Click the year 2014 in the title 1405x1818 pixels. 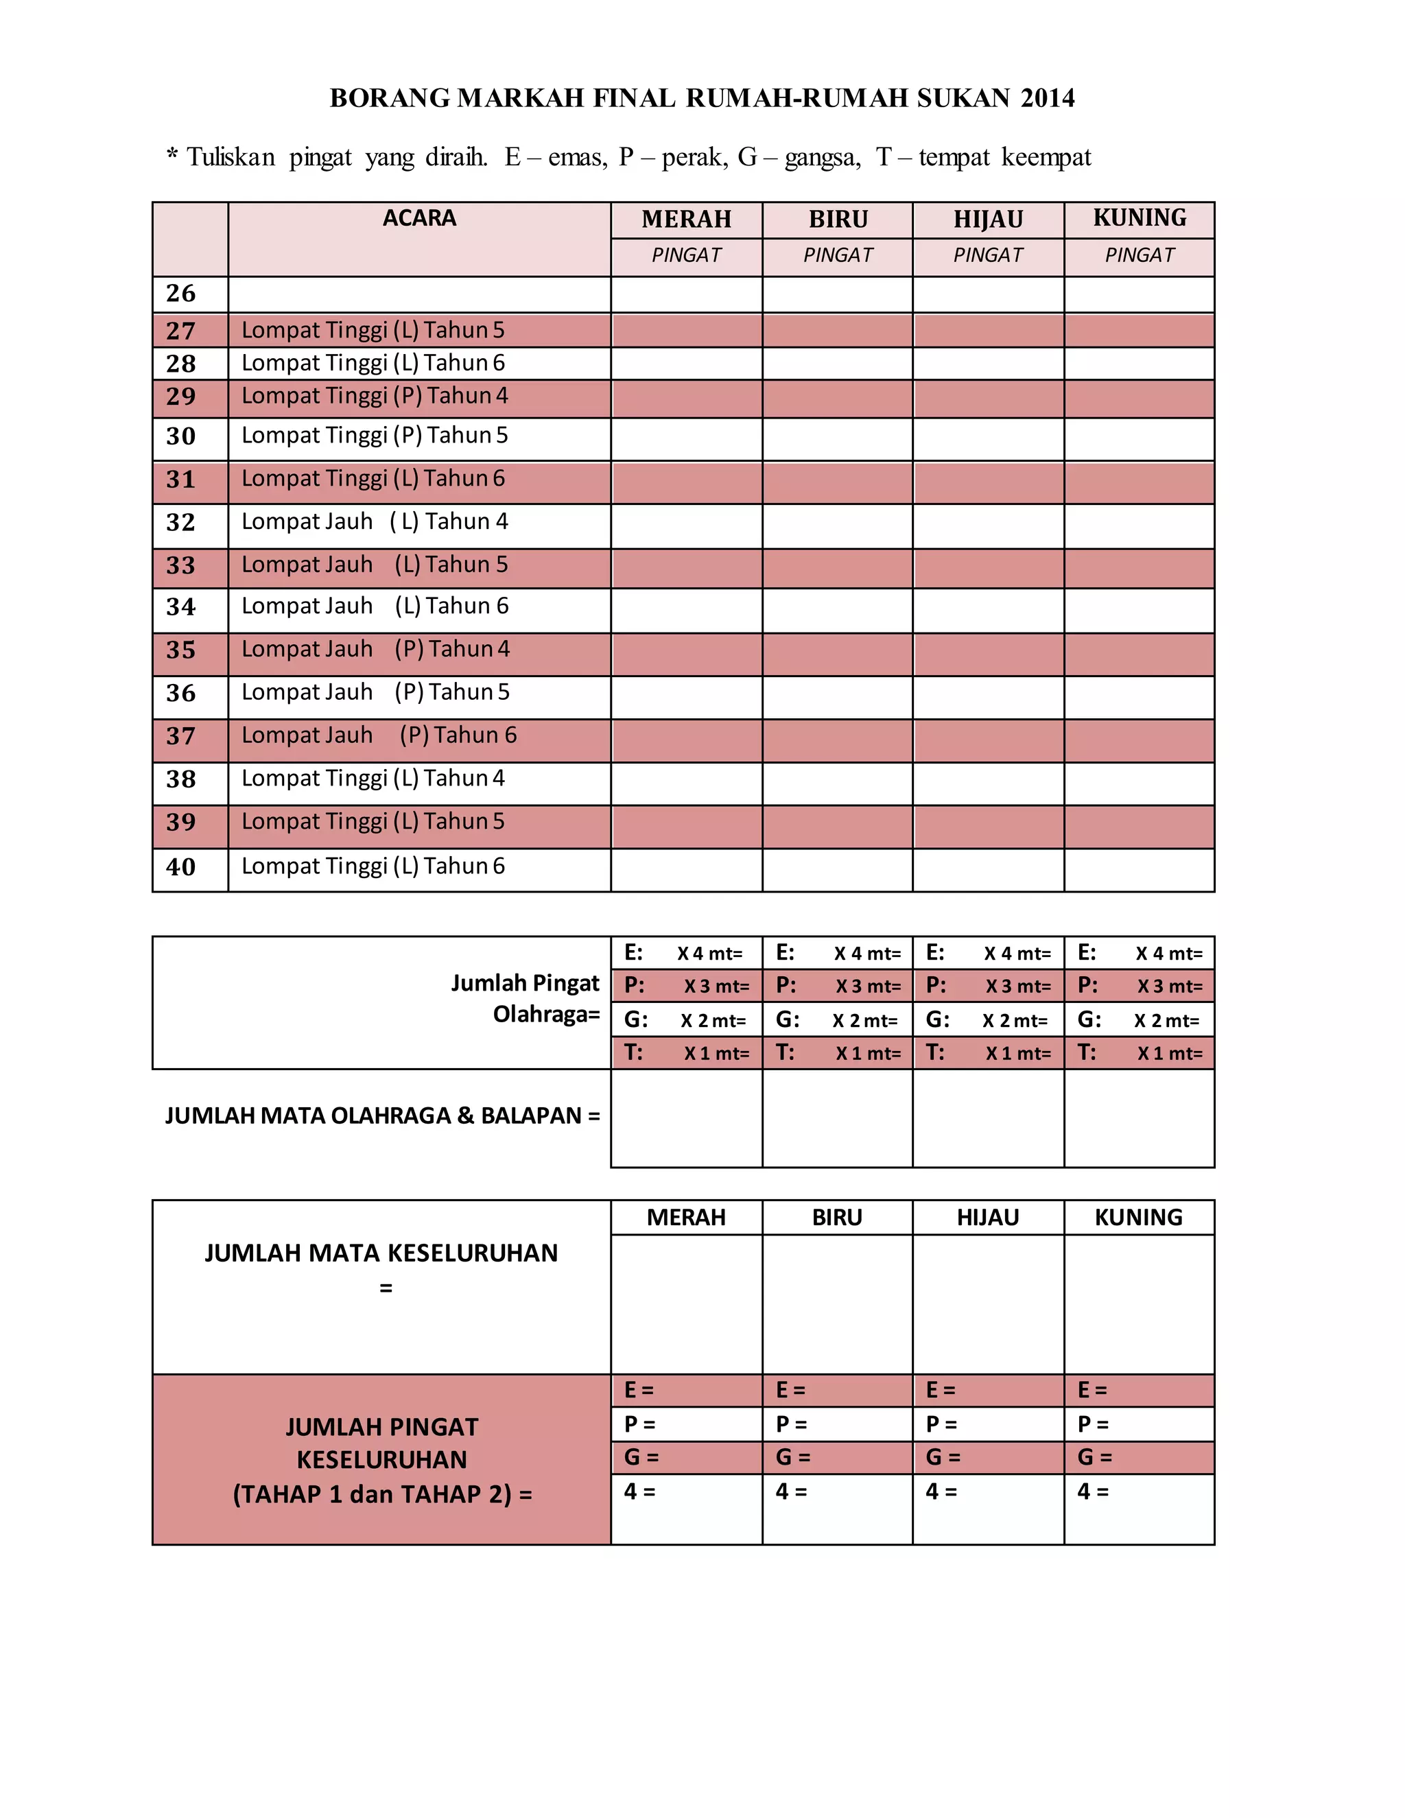pos(1047,98)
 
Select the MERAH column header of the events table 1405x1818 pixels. pos(686,220)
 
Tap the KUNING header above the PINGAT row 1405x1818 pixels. pos(1139,218)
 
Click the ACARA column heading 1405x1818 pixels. pos(418,218)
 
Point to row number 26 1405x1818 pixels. pos(180,294)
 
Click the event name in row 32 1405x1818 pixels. pos(374,522)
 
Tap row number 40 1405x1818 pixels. pos(180,866)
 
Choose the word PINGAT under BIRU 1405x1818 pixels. pos(838,256)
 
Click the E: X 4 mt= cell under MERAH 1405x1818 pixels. pos(685,953)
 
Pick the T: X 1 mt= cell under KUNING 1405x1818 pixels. pos(1139,1053)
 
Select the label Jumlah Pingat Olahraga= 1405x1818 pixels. pos(526,999)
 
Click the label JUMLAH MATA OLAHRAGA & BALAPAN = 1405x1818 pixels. pos(382,1115)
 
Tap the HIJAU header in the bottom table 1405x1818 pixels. pos(987,1217)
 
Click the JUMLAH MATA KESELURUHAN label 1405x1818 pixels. pos(381,1253)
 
